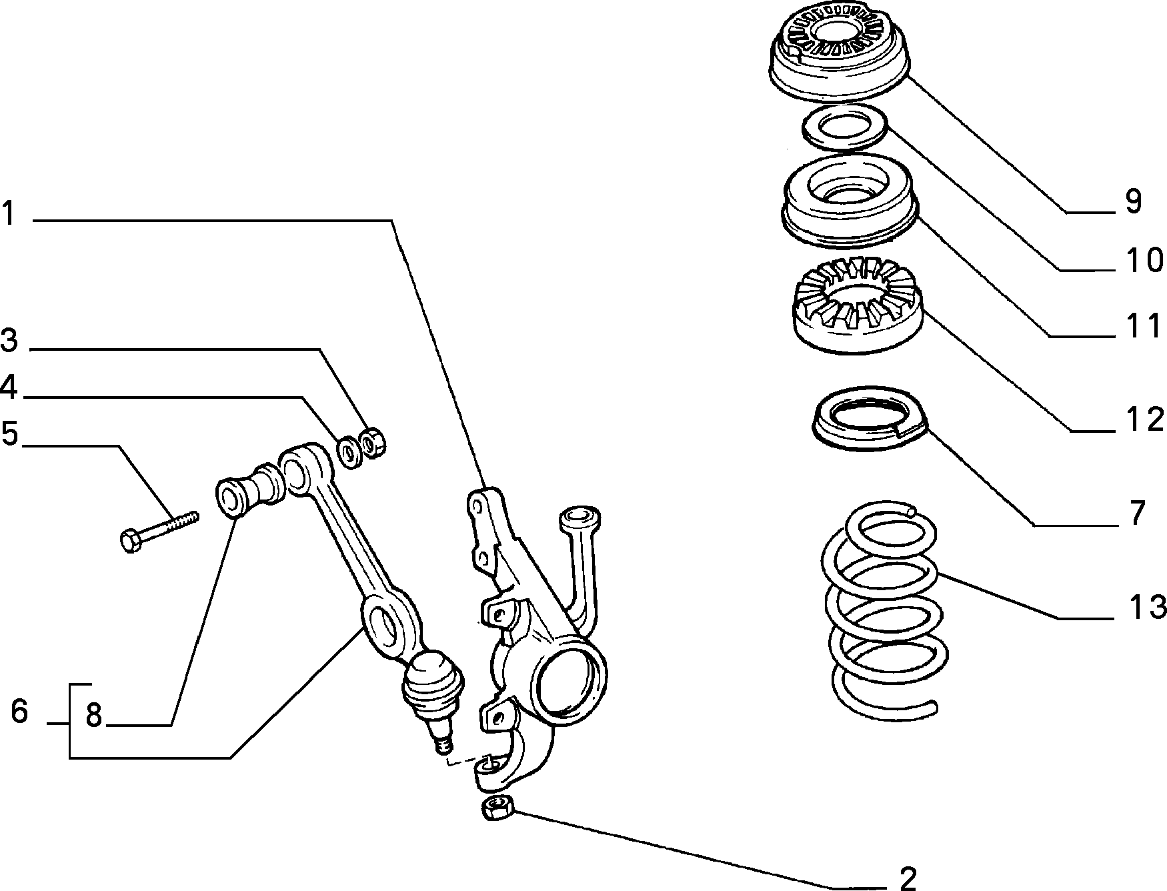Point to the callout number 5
coord(10,434)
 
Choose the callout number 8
coord(93,715)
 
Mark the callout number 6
coord(19,712)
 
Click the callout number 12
coord(1145,419)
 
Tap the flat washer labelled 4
coord(348,451)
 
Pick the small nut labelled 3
coord(372,443)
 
